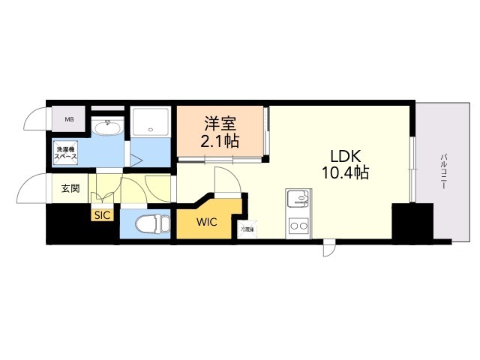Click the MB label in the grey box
point(69,119)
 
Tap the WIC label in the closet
point(208,222)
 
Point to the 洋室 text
point(220,121)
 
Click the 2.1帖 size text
point(220,140)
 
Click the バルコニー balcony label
point(444,172)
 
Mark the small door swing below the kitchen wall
point(329,248)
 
